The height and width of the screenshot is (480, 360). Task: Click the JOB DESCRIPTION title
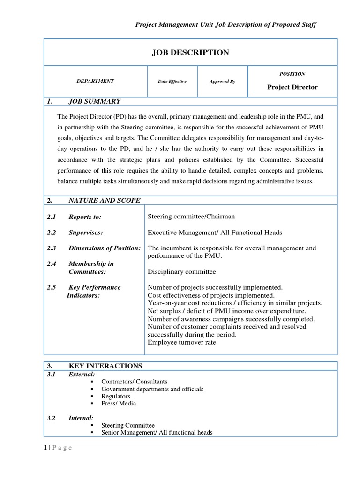190,53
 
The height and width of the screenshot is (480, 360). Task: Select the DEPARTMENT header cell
95,81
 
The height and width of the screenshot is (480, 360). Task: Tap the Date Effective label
172,82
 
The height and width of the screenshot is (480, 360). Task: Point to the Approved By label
222,82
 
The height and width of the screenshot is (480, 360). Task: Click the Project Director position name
292,87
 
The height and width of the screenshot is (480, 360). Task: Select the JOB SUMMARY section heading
94,101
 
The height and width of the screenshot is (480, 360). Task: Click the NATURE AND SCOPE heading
104,200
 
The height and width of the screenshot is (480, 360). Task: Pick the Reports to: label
85,217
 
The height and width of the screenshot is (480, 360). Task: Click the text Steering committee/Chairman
191,217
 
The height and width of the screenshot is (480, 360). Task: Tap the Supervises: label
85,232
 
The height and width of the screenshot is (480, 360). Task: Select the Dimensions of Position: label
104,248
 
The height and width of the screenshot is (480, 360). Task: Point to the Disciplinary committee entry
182,271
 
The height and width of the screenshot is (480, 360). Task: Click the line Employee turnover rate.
183,342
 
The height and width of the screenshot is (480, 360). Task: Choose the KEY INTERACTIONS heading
105,366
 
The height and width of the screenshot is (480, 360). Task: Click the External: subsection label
82,374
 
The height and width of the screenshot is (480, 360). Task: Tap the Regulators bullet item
116,396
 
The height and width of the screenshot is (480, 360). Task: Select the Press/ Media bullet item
119,403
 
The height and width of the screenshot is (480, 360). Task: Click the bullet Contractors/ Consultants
134,382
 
